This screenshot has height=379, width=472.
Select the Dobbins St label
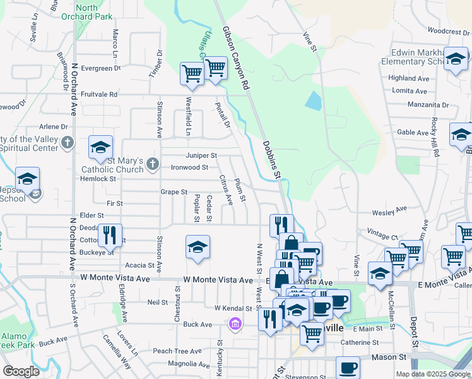272,160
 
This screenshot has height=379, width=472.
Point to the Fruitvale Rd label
99,94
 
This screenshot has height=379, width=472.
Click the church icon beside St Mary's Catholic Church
152,165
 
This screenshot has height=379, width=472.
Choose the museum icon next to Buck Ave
235,324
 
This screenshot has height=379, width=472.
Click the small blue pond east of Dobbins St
312,100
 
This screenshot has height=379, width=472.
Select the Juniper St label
201,155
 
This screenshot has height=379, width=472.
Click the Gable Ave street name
413,132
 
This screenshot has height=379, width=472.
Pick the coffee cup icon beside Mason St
348,368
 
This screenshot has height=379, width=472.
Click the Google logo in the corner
21,371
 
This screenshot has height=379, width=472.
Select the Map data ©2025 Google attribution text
433,374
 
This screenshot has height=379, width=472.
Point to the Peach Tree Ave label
172,351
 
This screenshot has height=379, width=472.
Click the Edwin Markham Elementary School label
416,57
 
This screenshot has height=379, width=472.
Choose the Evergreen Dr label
101,68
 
